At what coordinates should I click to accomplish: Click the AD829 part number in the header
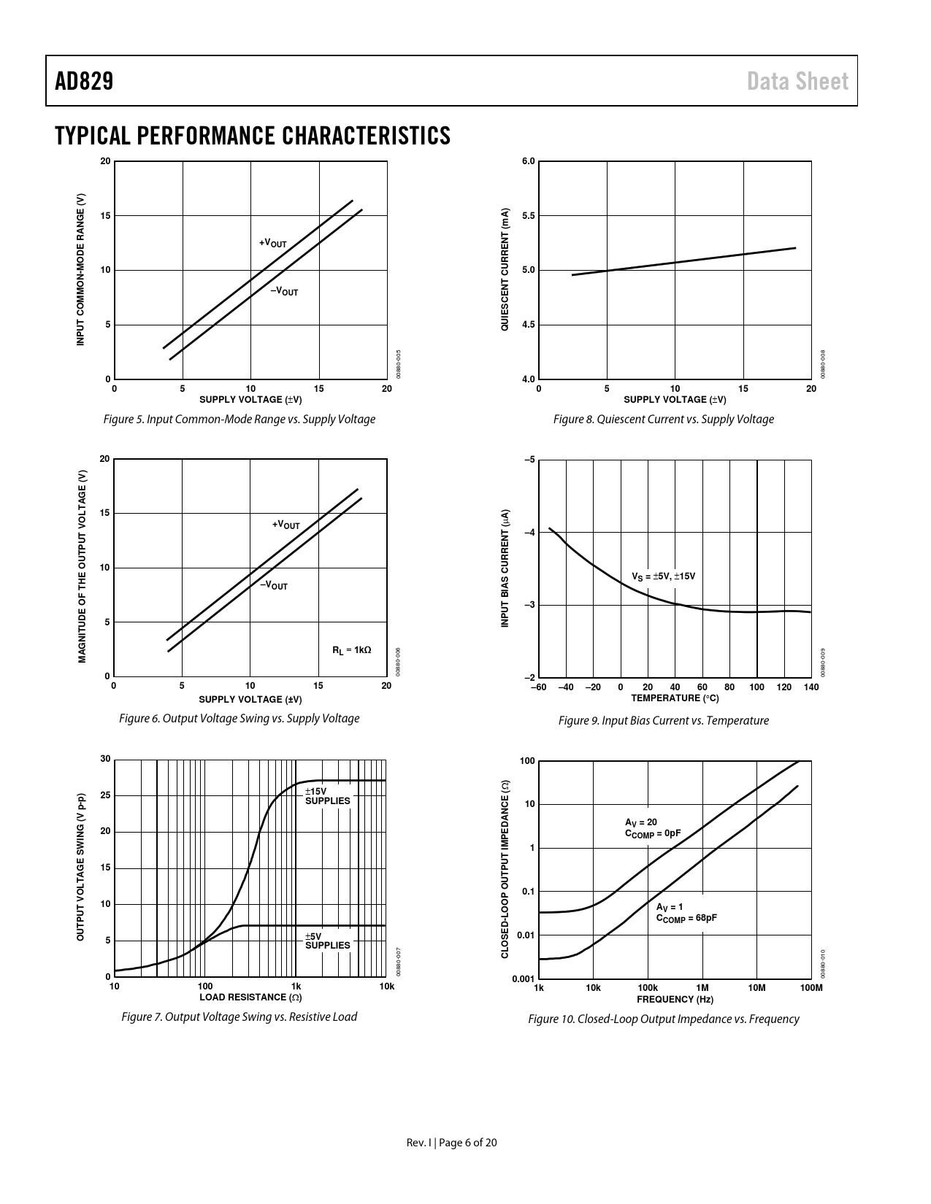tap(84, 81)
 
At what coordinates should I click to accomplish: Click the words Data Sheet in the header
tap(797, 81)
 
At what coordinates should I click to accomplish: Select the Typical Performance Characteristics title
tap(252, 136)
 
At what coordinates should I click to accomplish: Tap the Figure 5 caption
tap(240, 420)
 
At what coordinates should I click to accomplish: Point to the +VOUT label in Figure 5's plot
tap(273, 243)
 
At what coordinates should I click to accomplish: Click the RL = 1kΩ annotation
tap(351, 650)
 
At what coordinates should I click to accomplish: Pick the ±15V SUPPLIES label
tap(327, 796)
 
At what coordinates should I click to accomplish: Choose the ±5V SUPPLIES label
tap(327, 941)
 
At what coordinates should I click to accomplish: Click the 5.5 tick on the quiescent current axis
tap(528, 216)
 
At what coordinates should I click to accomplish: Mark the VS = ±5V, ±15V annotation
tap(663, 576)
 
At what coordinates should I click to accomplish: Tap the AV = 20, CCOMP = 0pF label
tap(653, 827)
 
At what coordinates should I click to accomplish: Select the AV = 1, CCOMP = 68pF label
tap(686, 913)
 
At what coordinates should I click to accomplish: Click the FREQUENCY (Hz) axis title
tap(675, 999)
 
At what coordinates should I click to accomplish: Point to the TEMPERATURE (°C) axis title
tap(675, 698)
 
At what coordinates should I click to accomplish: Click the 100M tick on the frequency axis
tap(811, 988)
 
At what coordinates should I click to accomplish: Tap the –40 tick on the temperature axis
tap(565, 687)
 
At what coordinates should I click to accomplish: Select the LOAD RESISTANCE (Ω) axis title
tap(250, 997)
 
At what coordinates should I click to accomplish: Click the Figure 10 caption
tap(663, 1019)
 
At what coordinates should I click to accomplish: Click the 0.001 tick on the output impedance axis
tap(523, 979)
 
